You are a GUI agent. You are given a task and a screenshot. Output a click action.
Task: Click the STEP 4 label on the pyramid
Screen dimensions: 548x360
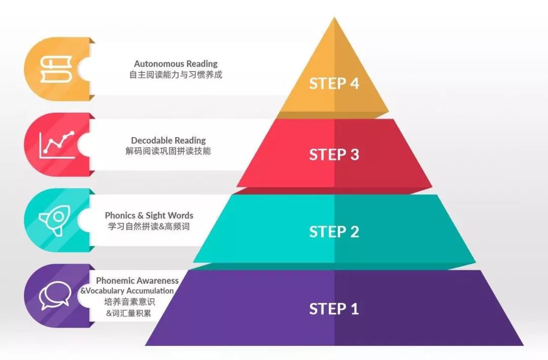(x=334, y=83)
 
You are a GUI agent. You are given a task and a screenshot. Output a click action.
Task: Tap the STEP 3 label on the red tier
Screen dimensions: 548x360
(x=334, y=155)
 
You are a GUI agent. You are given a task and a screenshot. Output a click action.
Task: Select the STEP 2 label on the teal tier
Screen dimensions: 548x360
(x=334, y=232)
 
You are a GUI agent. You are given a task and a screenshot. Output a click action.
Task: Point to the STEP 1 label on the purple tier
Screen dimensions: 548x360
(x=334, y=309)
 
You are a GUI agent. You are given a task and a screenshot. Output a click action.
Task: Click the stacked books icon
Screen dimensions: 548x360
(x=56, y=69)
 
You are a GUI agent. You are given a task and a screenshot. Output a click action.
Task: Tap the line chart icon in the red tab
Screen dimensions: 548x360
(x=57, y=145)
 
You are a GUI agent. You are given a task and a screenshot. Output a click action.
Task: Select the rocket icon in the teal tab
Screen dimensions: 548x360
(x=55, y=220)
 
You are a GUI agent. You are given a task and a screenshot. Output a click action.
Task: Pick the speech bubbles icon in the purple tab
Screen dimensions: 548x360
(x=55, y=296)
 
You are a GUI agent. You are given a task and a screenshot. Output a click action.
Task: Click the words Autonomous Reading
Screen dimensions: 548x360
(x=176, y=63)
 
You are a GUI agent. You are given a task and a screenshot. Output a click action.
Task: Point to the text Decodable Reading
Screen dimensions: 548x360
(x=168, y=140)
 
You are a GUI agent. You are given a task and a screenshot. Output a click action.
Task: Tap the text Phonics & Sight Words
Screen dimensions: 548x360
(x=149, y=215)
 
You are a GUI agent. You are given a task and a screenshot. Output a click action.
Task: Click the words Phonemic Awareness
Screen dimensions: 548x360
(x=138, y=280)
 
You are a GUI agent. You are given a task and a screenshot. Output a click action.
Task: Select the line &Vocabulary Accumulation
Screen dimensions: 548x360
(x=127, y=291)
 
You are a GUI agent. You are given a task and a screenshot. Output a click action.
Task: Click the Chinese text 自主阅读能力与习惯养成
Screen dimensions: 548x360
(x=176, y=75)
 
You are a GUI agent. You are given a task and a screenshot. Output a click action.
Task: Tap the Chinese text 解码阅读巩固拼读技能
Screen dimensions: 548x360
(x=168, y=151)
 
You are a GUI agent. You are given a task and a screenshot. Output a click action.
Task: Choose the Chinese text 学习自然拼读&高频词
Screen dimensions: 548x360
(x=149, y=226)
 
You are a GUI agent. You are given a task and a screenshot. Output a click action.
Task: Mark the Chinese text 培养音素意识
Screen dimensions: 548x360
(x=130, y=302)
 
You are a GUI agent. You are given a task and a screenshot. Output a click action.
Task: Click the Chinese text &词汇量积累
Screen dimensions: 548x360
(x=129, y=313)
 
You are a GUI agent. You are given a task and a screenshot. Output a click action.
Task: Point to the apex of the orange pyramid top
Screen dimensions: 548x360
(x=334, y=17)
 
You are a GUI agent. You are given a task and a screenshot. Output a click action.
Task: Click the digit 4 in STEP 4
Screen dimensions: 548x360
(x=354, y=83)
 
